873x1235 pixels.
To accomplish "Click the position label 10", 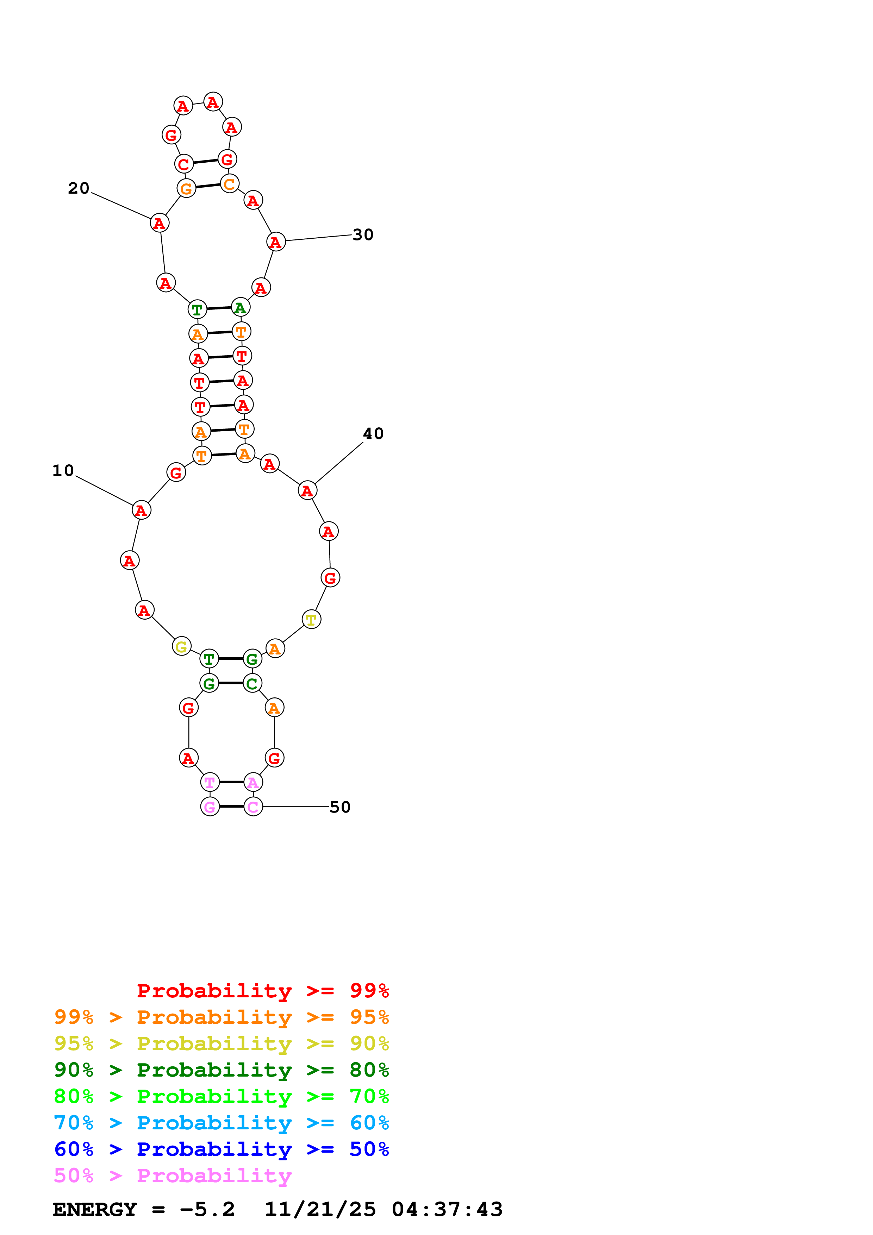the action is (63, 471).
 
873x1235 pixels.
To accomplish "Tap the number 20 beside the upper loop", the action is (79, 188).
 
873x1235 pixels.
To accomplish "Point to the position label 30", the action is (363, 234).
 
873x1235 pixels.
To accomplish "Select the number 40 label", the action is (373, 433).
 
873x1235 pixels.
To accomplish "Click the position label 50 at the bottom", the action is (340, 807).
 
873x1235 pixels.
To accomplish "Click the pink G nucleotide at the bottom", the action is (210, 807).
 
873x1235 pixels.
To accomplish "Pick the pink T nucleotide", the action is (210, 782).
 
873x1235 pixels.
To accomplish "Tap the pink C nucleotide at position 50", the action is (253, 807).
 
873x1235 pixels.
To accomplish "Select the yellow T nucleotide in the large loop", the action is (311, 620).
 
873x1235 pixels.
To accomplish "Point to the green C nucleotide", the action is (252, 683).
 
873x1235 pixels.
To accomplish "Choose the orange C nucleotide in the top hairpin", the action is (230, 184).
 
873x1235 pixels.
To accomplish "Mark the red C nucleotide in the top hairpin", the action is (184, 164).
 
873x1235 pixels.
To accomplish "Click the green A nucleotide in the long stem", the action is (241, 308).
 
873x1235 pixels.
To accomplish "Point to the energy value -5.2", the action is (207, 1209).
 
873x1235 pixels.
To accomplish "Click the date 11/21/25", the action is (320, 1209).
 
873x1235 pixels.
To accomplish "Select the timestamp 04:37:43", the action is (447, 1209).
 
